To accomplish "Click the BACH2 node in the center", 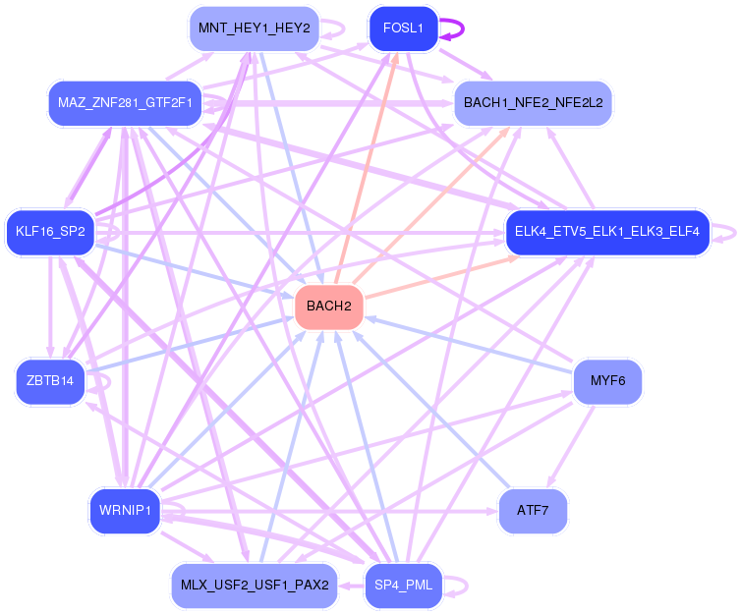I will [x=329, y=307].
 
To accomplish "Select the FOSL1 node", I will [x=403, y=28].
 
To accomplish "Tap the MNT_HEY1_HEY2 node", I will [x=255, y=28].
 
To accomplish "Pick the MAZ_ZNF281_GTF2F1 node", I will [x=125, y=102].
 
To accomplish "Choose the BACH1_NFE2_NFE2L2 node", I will [x=533, y=102].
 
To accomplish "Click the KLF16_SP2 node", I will [x=49, y=233].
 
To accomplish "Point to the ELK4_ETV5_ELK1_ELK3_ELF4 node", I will [x=606, y=233].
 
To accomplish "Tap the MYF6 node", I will [x=608, y=380].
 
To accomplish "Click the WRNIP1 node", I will [x=124, y=510].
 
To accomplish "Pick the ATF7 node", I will [x=534, y=510].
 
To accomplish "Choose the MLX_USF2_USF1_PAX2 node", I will [x=255, y=587].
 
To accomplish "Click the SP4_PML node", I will [x=403, y=587].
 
